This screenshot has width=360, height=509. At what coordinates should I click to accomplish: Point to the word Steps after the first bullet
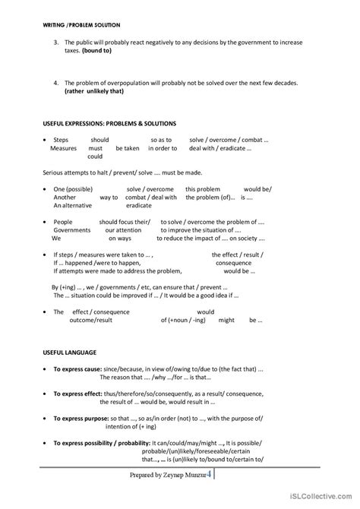click(x=61, y=140)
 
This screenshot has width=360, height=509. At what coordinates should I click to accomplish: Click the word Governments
click(x=72, y=229)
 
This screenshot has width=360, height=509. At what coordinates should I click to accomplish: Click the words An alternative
click(x=72, y=205)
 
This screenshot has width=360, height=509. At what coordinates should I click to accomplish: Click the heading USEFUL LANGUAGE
click(x=64, y=352)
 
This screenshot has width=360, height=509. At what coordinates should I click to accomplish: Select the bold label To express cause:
click(x=81, y=368)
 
